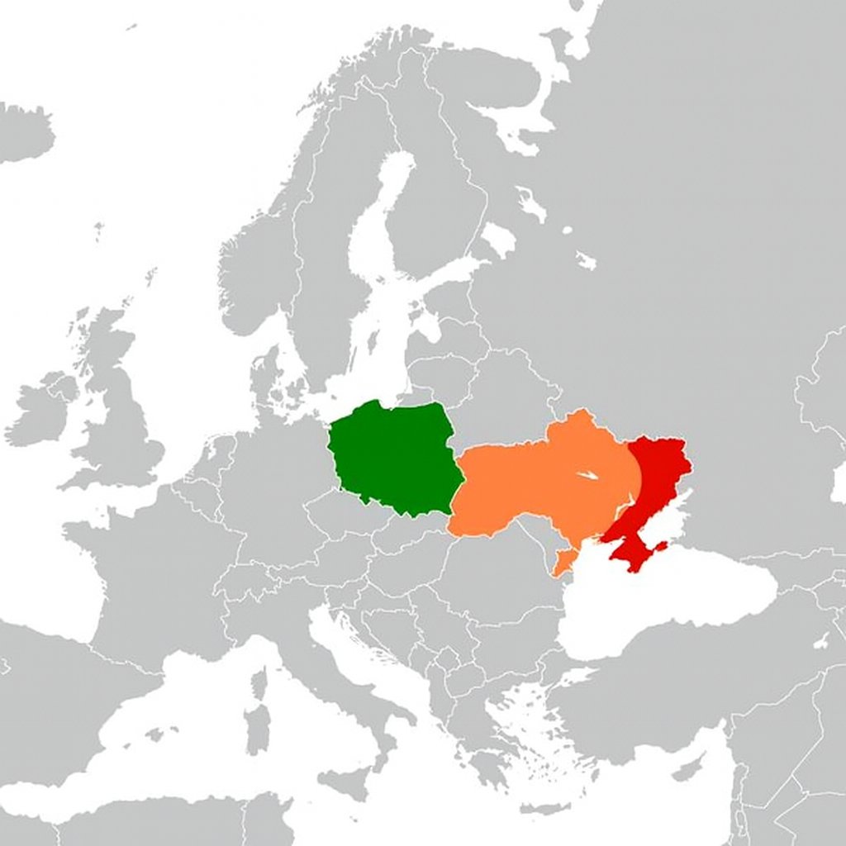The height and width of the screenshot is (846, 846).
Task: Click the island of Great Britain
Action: (x=124, y=413)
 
